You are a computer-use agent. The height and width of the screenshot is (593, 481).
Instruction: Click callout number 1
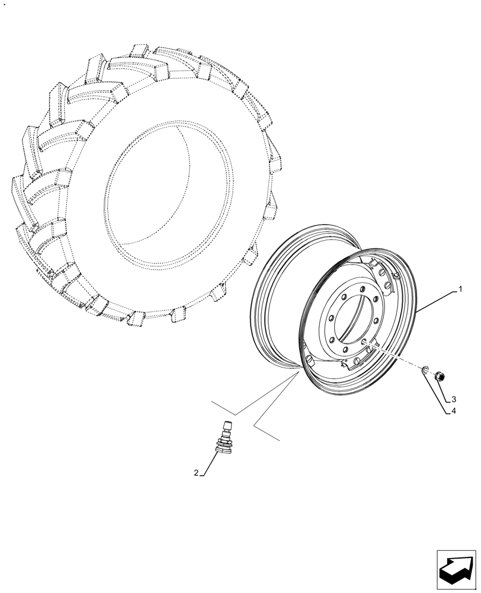coord(459,291)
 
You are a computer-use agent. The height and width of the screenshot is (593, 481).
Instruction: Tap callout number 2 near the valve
coord(196,473)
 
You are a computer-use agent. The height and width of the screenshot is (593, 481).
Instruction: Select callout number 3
coord(453,398)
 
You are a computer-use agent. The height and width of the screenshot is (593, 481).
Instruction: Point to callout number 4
coord(453,411)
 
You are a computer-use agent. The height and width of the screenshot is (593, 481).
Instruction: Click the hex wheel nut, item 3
coord(440,375)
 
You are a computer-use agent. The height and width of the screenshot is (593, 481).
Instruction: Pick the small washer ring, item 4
coord(425,371)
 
